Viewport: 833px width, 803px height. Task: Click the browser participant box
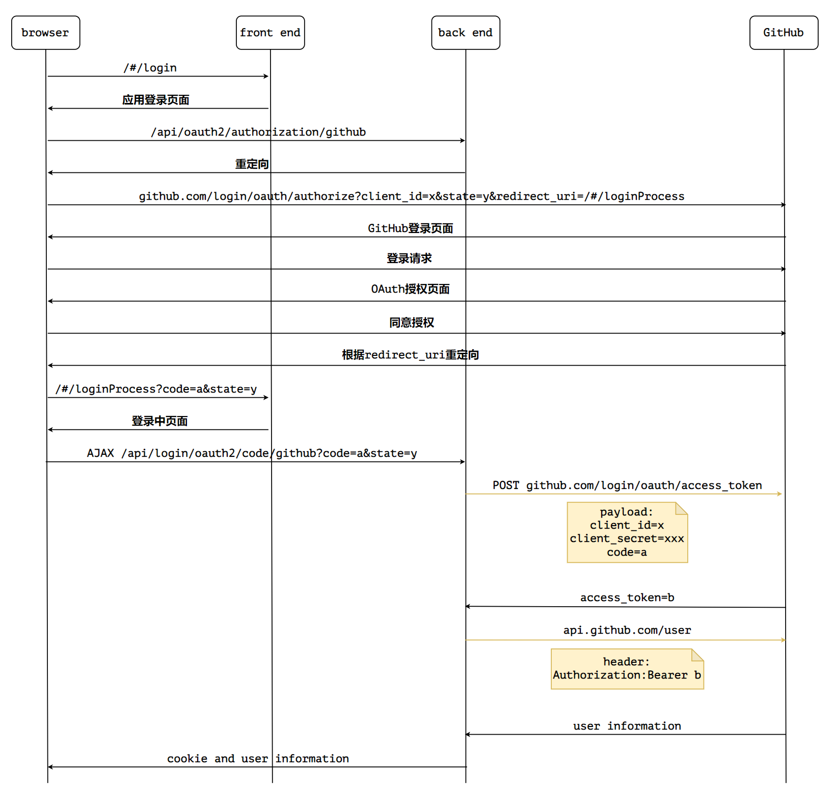point(46,33)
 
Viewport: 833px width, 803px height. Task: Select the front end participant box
point(271,33)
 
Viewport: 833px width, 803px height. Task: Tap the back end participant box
point(466,33)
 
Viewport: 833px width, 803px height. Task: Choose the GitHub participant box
point(784,33)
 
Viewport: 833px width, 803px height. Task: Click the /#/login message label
point(150,68)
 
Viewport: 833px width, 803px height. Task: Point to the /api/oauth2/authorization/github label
point(258,132)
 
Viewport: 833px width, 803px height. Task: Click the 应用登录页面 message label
point(156,100)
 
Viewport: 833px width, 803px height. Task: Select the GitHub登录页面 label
point(411,228)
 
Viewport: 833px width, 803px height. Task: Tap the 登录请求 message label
point(409,258)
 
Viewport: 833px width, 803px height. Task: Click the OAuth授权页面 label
point(410,289)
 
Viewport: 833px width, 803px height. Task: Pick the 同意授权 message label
point(412,323)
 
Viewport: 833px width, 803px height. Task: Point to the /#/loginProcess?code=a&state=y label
point(156,389)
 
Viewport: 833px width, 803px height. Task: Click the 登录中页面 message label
point(160,421)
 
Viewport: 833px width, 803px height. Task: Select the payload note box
point(627,532)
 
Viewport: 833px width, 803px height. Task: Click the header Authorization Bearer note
point(627,669)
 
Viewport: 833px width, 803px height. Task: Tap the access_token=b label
point(627,598)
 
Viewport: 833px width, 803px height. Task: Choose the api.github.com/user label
point(627,630)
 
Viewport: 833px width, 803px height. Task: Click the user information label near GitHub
point(627,726)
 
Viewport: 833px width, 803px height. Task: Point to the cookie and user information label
point(258,759)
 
